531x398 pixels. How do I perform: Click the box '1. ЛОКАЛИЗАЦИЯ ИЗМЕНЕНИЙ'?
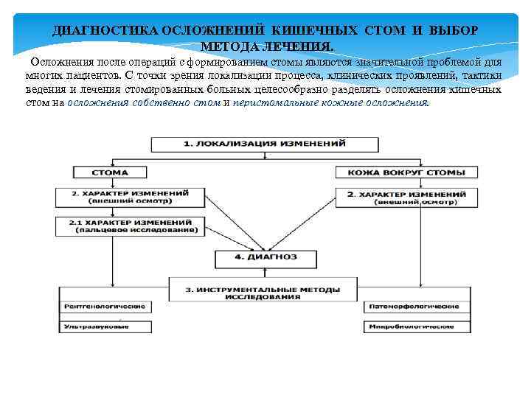coord(265,144)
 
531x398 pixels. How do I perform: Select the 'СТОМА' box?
coord(110,172)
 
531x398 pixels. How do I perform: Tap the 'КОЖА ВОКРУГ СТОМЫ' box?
coord(400,172)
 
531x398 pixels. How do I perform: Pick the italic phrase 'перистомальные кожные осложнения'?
coord(330,103)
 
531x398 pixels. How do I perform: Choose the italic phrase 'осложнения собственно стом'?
coord(143,103)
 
